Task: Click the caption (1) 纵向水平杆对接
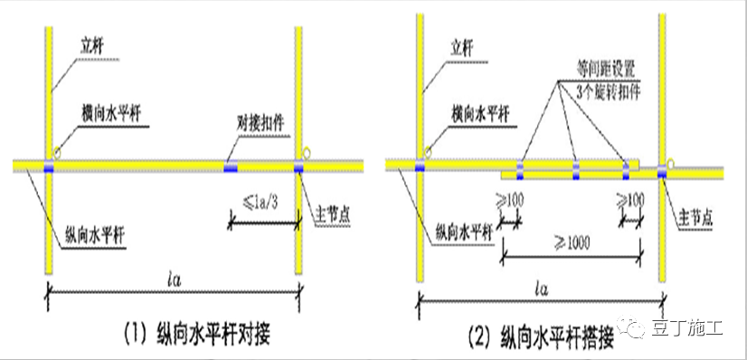pyautogui.click(x=202, y=335)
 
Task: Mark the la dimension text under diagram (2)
pyautogui.click(x=540, y=289)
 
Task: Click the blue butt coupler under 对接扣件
pyautogui.click(x=232, y=166)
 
